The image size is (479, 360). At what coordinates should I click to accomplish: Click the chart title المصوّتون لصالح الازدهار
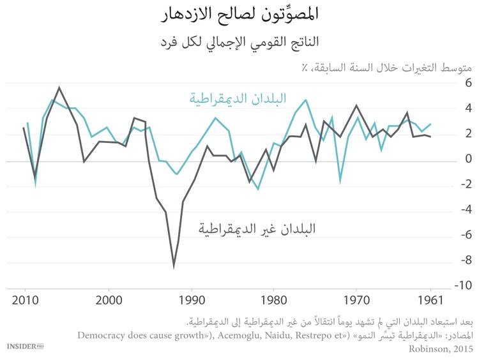point(239,13)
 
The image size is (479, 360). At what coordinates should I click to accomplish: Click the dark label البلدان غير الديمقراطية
point(257,229)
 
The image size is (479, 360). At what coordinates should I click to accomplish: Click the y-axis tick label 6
point(468,83)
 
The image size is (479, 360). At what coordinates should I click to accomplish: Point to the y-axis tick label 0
point(468,159)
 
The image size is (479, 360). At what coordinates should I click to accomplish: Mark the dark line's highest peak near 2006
point(59,87)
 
